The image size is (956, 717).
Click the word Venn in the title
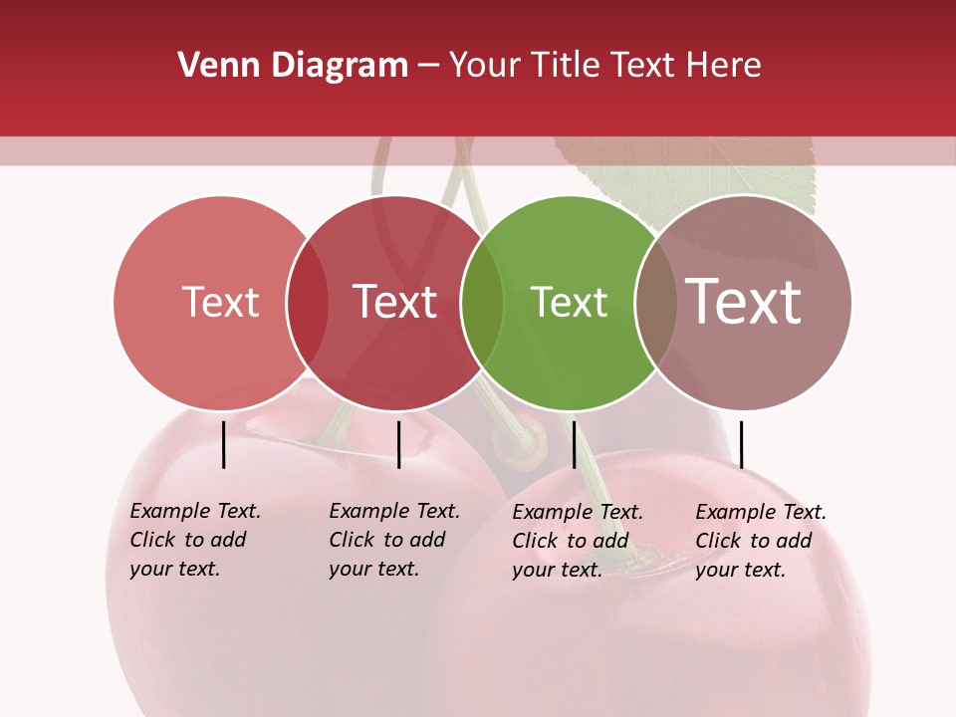pyautogui.click(x=207, y=66)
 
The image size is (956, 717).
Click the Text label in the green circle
pyautogui.click(x=569, y=303)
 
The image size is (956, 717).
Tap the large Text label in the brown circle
pyautogui.click(x=744, y=302)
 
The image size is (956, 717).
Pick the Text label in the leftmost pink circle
pyautogui.click(x=220, y=303)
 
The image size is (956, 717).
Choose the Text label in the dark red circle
pyautogui.click(x=394, y=303)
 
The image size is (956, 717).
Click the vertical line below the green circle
pyautogui.click(x=574, y=444)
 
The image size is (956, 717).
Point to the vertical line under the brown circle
pyautogui.click(x=741, y=444)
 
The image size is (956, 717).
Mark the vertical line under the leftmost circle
pyautogui.click(x=224, y=444)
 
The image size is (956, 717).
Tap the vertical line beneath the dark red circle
pyautogui.click(x=398, y=444)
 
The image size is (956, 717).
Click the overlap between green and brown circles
pyautogui.click(x=656, y=303)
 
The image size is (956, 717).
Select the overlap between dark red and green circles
pyautogui.click(x=482, y=303)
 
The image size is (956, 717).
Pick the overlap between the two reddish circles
pyautogui.click(x=308, y=303)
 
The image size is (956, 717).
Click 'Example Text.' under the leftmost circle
pyautogui.click(x=195, y=511)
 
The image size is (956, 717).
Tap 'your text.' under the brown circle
pyautogui.click(x=740, y=570)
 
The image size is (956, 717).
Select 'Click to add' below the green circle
pyautogui.click(x=571, y=541)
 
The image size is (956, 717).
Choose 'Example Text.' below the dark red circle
pyautogui.click(x=394, y=511)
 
